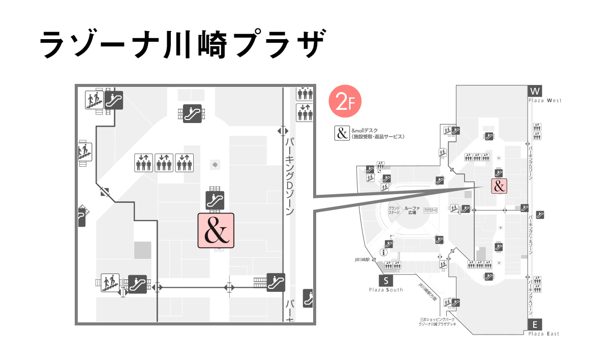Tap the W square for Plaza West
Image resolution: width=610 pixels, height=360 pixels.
click(x=535, y=91)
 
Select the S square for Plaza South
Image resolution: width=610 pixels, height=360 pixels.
click(x=386, y=280)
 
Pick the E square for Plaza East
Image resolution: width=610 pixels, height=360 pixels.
click(x=535, y=325)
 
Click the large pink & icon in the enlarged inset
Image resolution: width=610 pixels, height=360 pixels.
click(x=216, y=230)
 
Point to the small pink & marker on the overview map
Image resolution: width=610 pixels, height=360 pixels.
click(x=499, y=186)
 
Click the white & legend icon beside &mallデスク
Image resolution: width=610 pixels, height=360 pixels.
click(x=341, y=133)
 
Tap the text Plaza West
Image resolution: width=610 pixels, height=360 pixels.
click(x=544, y=101)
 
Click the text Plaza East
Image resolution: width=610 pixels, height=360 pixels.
click(x=543, y=334)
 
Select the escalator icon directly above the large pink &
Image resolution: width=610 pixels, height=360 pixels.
click(x=215, y=199)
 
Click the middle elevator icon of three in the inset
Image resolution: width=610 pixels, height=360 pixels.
click(x=164, y=163)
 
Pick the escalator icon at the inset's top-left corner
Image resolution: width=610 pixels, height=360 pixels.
click(x=114, y=99)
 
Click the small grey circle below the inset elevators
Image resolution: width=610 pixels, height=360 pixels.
click(x=216, y=165)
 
